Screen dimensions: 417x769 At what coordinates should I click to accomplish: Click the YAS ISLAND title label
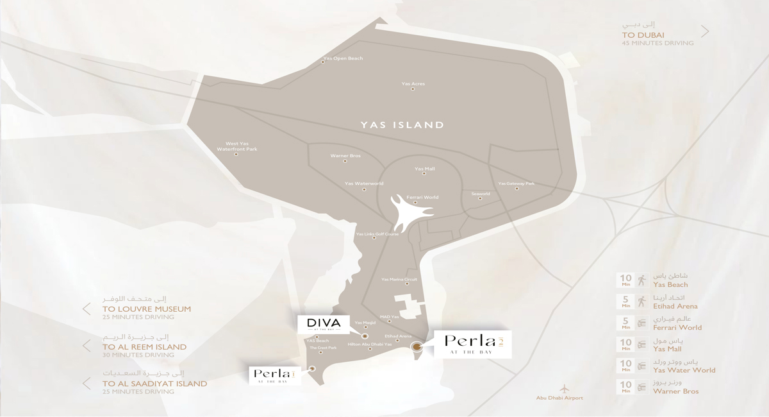point(402,125)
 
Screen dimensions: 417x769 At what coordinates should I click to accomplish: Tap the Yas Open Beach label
point(343,58)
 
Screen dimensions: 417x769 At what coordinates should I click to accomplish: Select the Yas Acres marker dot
point(413,90)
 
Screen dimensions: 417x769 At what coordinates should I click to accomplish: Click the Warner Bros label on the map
point(345,156)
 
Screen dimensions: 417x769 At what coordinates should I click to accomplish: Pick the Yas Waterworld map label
point(363,183)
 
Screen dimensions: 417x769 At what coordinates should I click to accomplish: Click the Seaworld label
point(481,193)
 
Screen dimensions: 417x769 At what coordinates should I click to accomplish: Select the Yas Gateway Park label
point(516,183)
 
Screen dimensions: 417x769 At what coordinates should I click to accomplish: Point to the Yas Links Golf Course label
point(377,234)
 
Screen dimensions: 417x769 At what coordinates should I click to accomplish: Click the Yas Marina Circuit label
point(399,280)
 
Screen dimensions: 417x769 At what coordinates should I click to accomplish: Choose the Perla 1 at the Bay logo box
point(274,375)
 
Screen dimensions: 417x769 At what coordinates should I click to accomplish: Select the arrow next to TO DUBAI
point(705,31)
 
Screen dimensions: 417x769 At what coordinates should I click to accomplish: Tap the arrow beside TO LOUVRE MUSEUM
point(86,309)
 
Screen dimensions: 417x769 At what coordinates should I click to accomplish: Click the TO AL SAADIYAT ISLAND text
point(154,384)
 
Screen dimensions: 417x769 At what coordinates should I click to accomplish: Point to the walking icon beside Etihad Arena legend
point(641,301)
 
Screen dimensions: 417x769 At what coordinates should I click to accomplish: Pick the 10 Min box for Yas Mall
point(625,345)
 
